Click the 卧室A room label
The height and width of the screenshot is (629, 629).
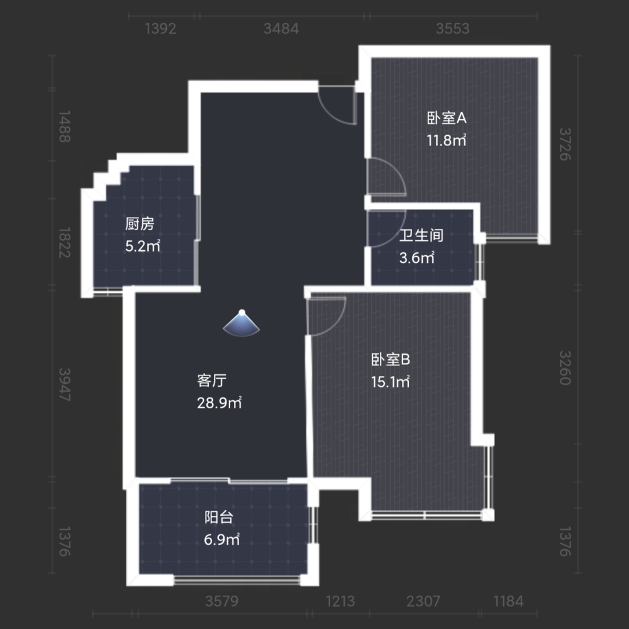447,118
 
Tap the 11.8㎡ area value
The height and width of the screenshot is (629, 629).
446,140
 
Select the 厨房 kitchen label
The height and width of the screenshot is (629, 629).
140,224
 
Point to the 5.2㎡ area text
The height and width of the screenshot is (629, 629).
142,246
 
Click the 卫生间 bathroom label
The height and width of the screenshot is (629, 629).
421,235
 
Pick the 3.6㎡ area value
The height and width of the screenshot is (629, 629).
417,257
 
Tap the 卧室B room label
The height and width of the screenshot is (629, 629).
391,359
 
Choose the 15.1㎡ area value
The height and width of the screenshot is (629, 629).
391,382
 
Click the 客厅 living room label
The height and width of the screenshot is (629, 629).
212,381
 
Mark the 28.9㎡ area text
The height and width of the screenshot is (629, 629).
220,403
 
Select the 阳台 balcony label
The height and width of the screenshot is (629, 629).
219,518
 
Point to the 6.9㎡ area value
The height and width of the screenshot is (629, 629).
222,540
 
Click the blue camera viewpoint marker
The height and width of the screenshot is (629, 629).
242,323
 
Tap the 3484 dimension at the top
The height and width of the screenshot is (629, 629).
281,29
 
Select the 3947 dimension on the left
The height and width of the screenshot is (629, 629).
65,385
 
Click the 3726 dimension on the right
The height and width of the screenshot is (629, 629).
565,144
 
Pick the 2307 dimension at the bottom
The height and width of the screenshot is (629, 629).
423,601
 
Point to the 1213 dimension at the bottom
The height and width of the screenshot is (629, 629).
340,601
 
